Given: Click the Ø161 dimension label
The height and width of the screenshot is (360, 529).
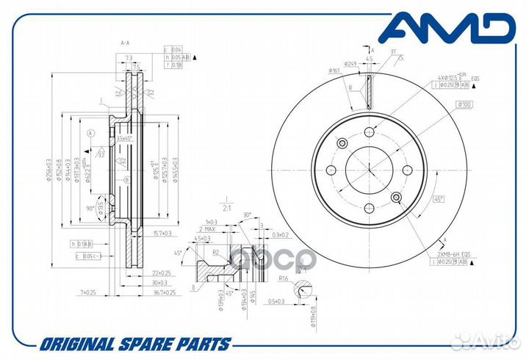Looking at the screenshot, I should (336, 71).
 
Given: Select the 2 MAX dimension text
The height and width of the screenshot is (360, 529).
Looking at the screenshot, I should (206, 230).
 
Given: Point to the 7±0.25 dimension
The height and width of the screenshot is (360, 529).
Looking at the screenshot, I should (89, 292).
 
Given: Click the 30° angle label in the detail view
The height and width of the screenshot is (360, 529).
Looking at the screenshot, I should (246, 215).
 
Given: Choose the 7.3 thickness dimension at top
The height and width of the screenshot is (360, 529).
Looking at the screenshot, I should (129, 57).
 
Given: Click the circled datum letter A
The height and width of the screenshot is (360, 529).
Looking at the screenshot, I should (91, 133).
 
